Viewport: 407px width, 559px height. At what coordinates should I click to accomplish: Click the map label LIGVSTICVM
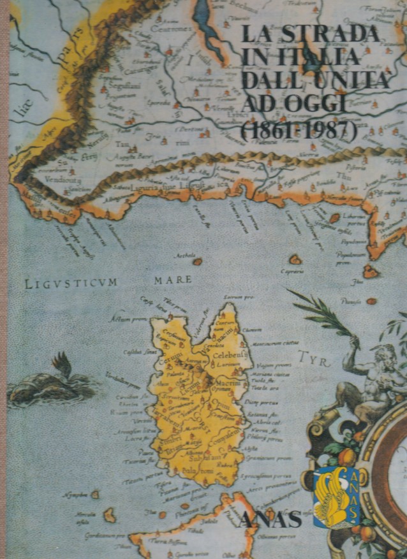71,283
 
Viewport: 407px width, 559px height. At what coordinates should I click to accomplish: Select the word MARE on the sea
173,279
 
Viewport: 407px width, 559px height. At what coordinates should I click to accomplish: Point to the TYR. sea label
314,360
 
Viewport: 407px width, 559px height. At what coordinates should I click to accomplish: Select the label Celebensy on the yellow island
230,354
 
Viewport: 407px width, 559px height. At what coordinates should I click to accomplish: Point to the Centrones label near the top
172,29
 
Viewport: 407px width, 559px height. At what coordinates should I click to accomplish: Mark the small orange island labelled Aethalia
198,261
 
